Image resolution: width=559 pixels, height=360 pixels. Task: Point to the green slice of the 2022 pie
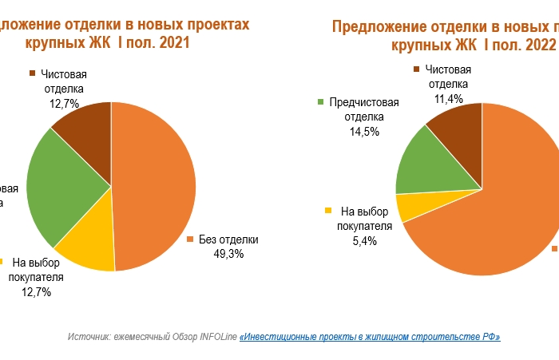[427, 163]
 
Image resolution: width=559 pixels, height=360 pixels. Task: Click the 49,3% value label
[228, 254]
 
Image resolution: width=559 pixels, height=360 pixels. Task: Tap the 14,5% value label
[364, 132]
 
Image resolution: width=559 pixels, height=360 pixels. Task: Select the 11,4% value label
[449, 99]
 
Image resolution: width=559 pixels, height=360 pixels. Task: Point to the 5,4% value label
[364, 242]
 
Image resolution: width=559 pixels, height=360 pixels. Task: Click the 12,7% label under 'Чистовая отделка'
[64, 104]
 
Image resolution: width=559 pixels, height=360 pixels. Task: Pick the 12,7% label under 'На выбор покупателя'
[36, 292]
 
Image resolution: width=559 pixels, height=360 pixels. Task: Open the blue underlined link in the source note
[370, 337]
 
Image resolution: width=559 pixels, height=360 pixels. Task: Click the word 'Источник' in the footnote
[90, 337]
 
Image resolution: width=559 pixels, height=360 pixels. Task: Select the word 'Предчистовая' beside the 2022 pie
[363, 102]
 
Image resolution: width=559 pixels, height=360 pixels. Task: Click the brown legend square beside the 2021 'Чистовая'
[32, 73]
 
